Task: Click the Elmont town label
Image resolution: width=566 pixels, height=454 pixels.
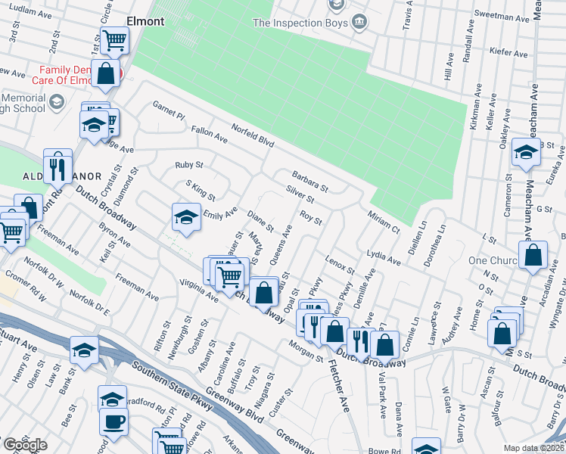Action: [147, 22]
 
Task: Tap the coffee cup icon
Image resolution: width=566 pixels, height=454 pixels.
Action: [114, 423]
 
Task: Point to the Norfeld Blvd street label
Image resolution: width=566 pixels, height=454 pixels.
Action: [252, 135]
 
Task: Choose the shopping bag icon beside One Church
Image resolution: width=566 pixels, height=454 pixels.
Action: [533, 257]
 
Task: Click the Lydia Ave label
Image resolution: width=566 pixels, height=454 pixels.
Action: [382, 257]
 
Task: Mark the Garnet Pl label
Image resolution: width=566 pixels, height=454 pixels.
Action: [168, 110]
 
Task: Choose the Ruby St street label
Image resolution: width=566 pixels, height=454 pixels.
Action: [189, 164]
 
